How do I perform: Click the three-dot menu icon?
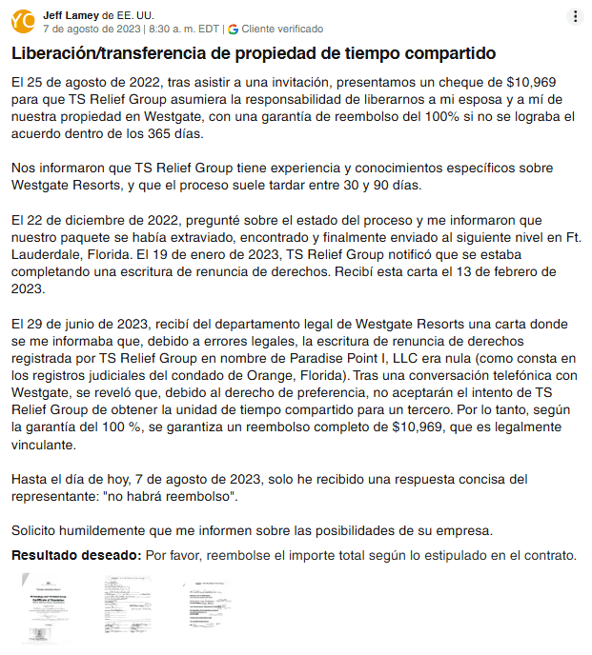point(575,16)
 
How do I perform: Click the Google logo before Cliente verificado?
point(234,30)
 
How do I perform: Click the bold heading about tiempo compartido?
point(253,52)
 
